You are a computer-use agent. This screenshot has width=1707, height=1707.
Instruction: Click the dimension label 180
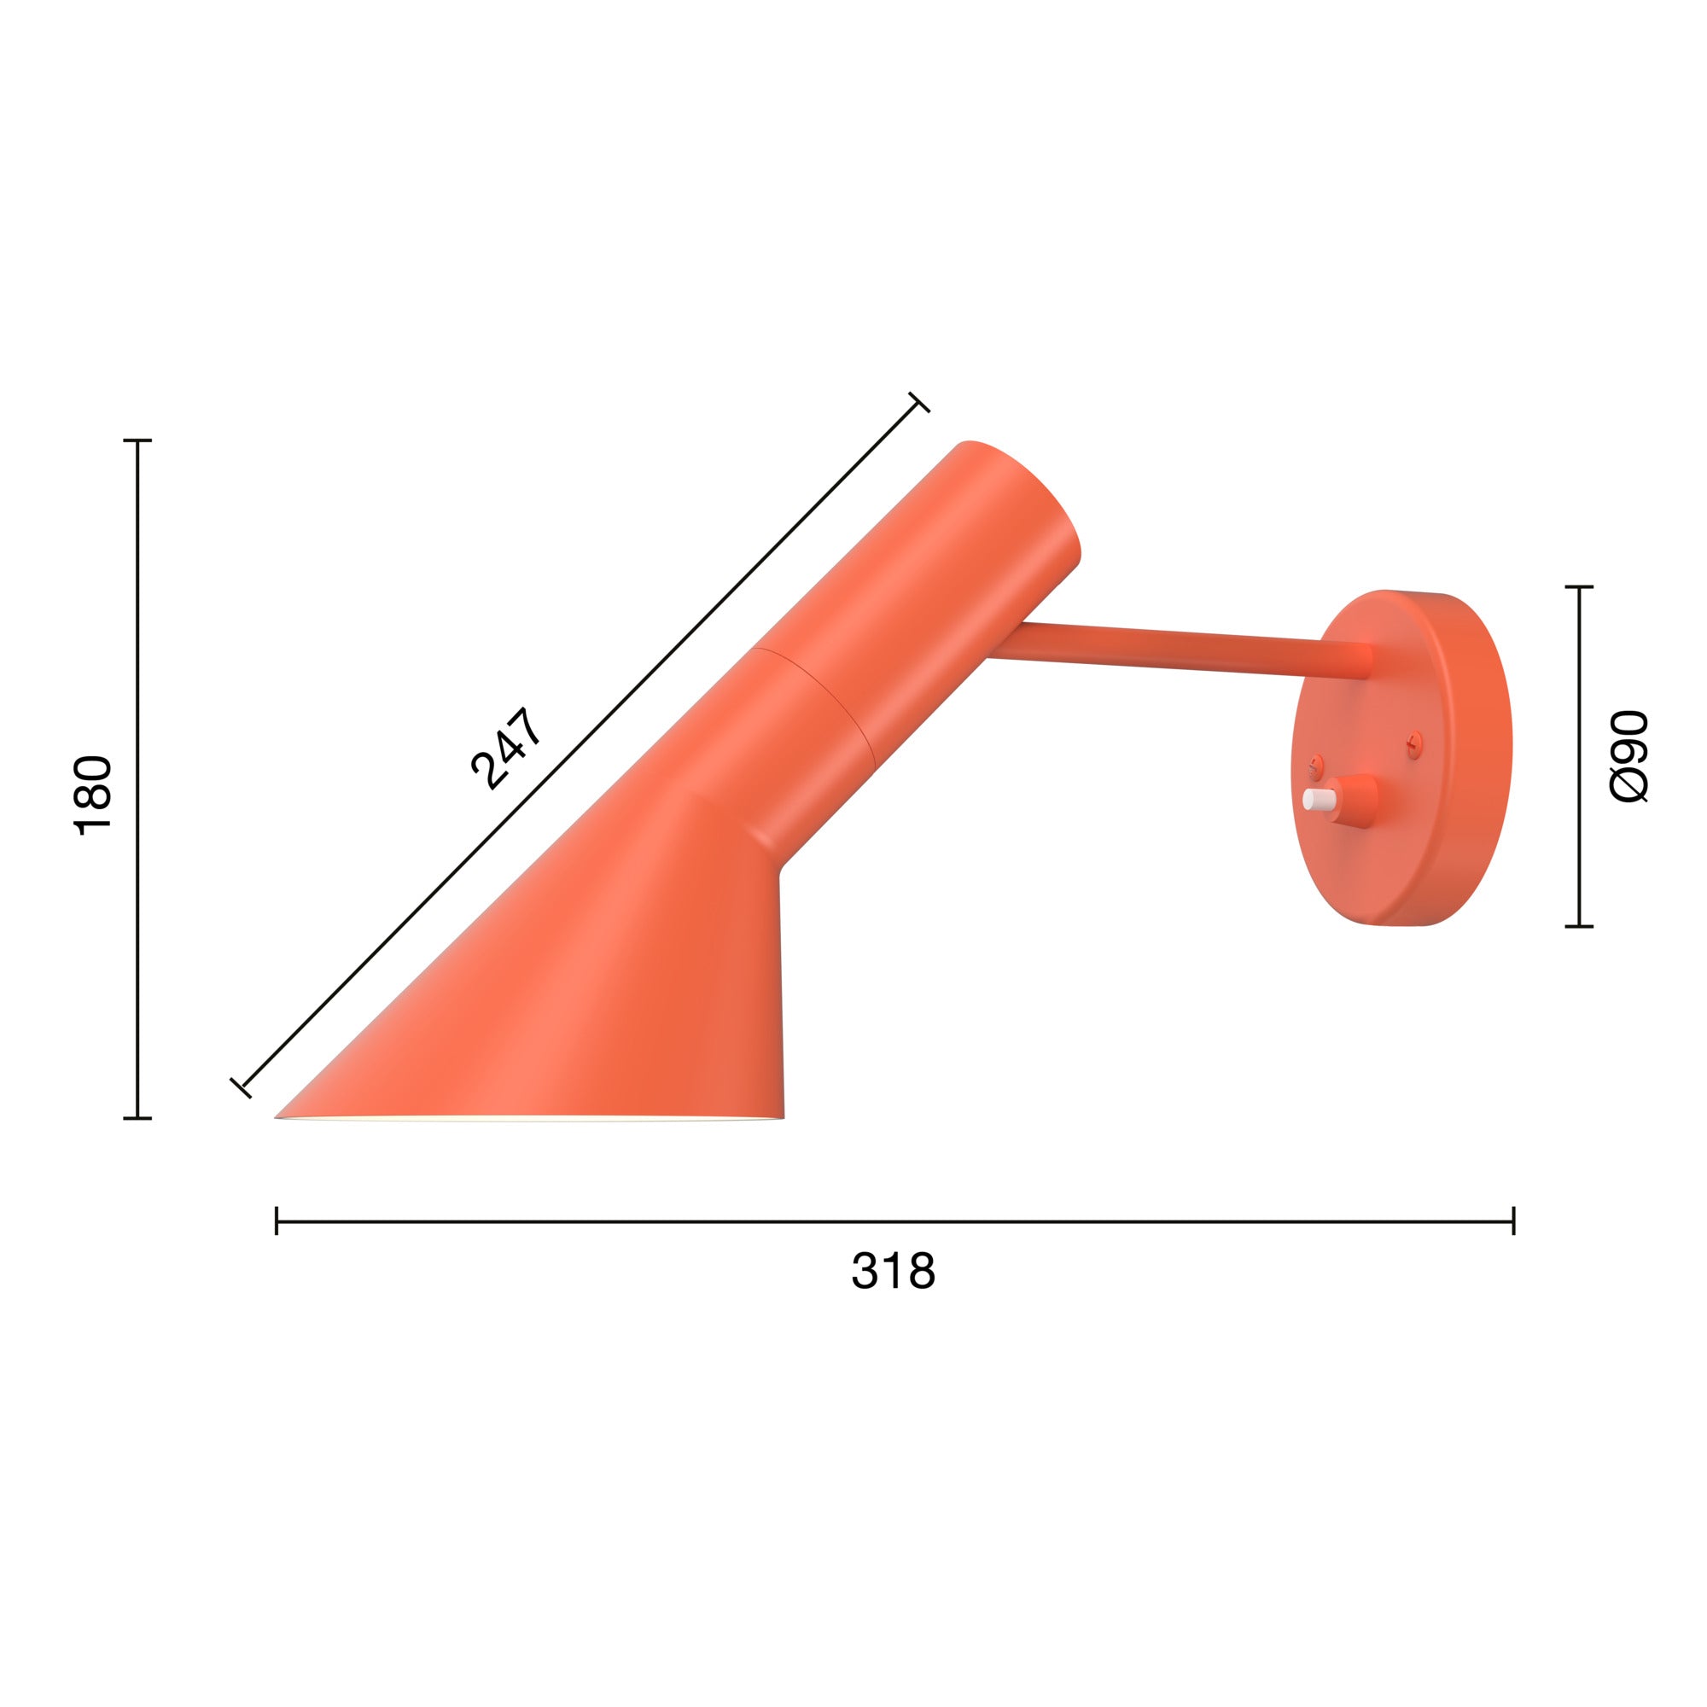(93, 795)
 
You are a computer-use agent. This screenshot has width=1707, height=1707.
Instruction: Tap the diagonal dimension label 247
(506, 748)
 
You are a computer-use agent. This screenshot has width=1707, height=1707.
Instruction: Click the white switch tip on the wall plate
(1316, 800)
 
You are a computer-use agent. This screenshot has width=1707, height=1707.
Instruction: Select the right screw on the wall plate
(1414, 743)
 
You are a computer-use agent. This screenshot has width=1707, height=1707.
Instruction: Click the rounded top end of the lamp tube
(1025, 486)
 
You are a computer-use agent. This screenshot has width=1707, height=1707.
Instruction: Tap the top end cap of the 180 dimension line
(137, 440)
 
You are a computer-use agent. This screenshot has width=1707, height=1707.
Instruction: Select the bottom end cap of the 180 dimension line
(137, 1119)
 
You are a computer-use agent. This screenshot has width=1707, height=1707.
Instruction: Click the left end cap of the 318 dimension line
(277, 1221)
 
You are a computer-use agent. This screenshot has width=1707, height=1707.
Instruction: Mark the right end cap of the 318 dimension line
(1513, 1221)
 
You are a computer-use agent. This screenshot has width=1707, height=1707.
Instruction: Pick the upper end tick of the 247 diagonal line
(919, 402)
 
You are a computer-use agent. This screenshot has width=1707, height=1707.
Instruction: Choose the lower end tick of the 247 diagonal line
(241, 1087)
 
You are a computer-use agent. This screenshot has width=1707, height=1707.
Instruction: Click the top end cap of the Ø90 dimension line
(1579, 586)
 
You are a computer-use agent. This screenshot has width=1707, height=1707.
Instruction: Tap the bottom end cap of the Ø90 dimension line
(1579, 927)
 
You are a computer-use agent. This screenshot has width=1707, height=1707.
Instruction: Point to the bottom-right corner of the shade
(783, 1116)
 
